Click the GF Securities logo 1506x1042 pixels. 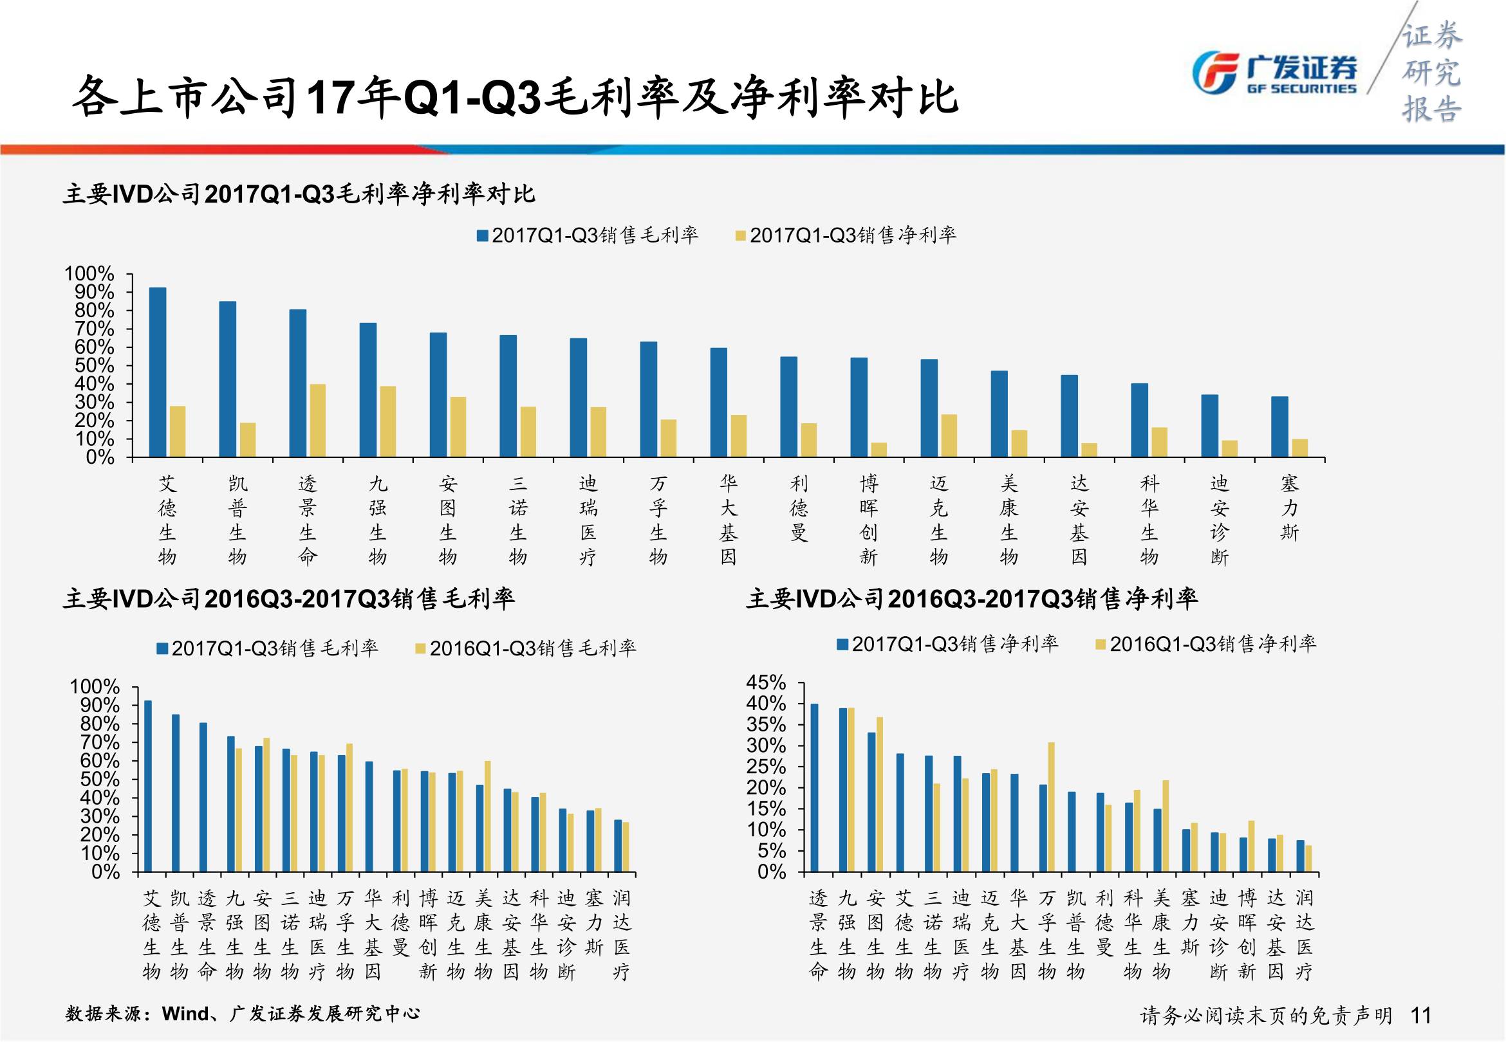point(1274,72)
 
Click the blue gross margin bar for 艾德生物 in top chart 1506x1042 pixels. point(158,372)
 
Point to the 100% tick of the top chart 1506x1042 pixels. point(89,273)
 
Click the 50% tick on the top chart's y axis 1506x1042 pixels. point(93,365)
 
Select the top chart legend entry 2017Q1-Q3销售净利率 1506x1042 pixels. point(846,235)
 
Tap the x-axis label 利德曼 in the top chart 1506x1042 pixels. point(799,508)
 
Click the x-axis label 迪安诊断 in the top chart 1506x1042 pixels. point(1220,520)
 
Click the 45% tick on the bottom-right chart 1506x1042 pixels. point(766,683)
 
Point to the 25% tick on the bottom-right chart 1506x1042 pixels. point(766,767)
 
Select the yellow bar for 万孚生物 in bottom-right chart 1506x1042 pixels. point(1051,807)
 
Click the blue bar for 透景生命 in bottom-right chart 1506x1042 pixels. point(813,787)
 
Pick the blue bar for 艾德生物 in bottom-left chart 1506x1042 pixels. point(147,786)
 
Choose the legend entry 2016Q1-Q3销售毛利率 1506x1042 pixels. point(526,648)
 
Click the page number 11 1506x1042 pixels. point(1420,1015)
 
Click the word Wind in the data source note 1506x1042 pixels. point(186,1013)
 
